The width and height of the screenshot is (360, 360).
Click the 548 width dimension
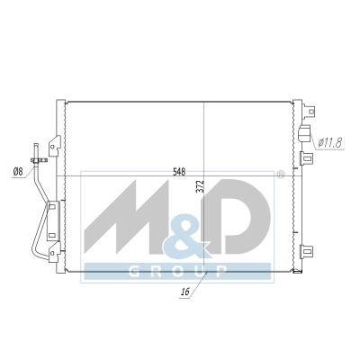(179, 172)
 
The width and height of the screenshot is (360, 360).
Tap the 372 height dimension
(201, 186)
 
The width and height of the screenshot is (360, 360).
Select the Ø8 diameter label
(18, 172)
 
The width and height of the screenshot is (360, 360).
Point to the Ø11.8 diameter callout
(329, 143)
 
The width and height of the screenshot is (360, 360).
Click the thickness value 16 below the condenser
(185, 292)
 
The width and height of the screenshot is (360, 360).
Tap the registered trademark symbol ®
(280, 175)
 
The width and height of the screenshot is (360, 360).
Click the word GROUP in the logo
(177, 272)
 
